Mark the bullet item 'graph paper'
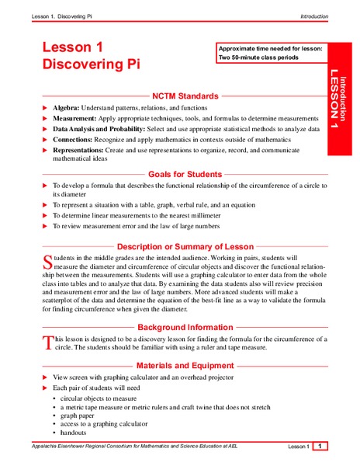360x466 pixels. [80, 415]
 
